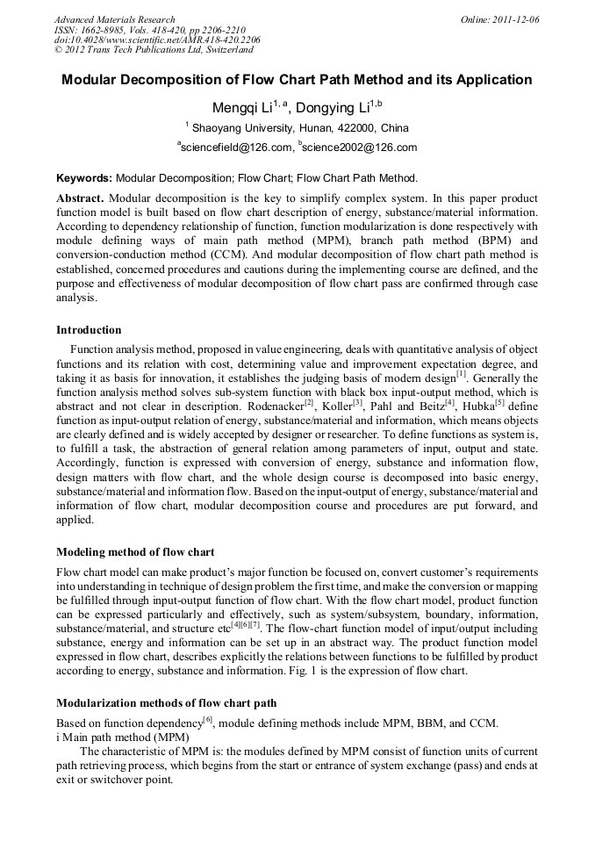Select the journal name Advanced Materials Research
115,19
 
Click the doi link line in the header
157,40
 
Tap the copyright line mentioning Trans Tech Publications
154,51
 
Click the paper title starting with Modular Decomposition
297,80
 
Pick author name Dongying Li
333,108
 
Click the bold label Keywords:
84,177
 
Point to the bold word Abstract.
80,198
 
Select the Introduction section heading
89,330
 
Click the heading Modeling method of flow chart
135,552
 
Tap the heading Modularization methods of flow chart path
168,702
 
